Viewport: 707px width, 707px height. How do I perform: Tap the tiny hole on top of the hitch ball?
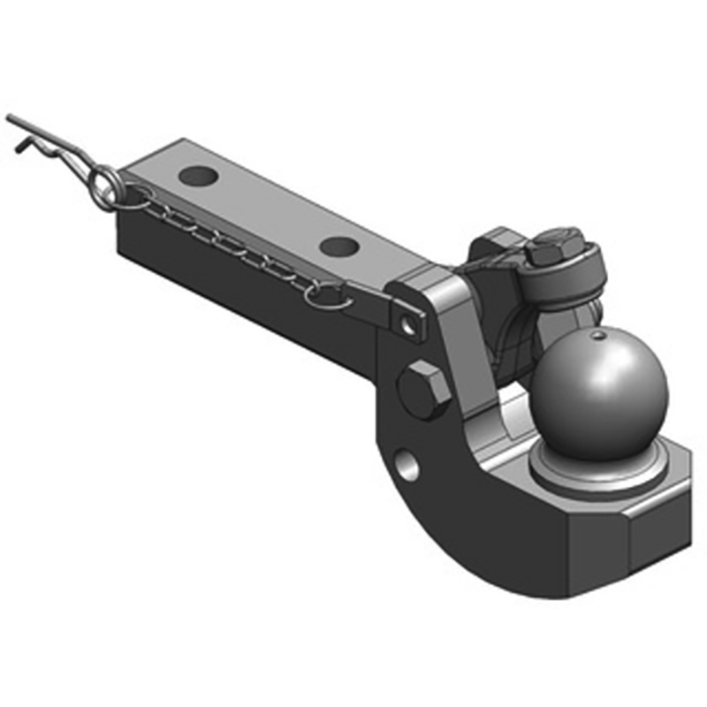click(x=599, y=336)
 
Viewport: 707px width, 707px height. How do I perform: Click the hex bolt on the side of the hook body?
click(x=419, y=388)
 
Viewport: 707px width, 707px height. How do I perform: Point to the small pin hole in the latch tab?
click(x=407, y=325)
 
